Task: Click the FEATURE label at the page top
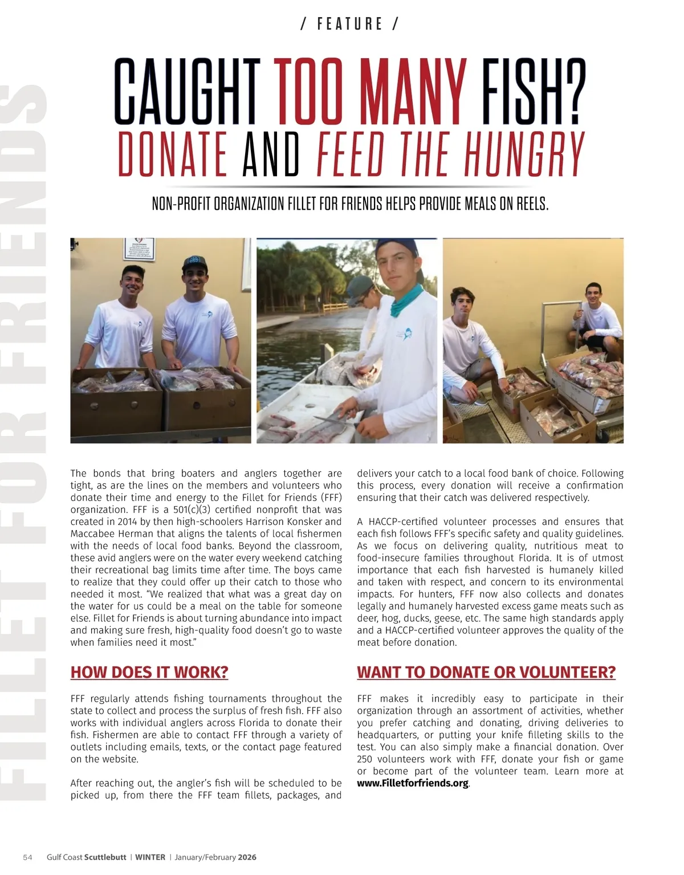349,24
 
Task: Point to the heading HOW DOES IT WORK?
149,672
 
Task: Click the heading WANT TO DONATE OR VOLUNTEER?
486,672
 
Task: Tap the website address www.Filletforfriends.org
413,783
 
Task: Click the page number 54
27,857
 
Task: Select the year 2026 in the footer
247,857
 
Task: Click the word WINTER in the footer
150,857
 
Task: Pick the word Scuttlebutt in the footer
105,857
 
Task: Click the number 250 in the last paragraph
365,759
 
